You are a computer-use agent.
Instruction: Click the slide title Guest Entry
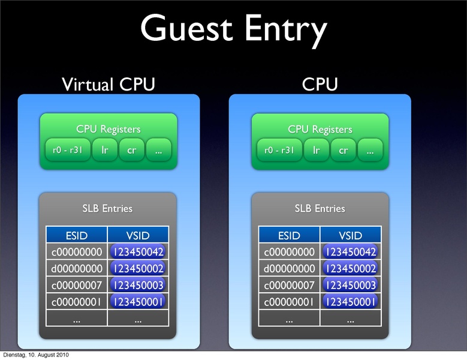(234, 29)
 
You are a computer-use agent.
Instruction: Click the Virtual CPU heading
(109, 85)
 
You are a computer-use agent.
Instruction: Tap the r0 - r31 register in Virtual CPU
(68, 151)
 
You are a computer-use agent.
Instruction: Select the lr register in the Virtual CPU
(104, 151)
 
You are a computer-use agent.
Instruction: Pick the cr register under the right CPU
(343, 151)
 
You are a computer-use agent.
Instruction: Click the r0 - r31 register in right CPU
(279, 151)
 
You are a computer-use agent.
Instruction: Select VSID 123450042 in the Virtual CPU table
(138, 251)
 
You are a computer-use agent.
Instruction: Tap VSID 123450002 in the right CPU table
(350, 268)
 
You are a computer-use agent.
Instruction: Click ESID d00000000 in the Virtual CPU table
(77, 268)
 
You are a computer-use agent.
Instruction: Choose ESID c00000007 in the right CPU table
(289, 285)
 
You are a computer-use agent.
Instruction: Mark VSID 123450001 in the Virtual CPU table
(138, 302)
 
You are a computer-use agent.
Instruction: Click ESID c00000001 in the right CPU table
(289, 302)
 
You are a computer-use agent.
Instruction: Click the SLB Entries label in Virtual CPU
(107, 209)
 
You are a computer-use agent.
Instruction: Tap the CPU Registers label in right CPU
(320, 129)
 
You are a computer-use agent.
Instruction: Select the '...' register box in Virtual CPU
(158, 151)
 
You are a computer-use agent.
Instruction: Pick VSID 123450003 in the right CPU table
(350, 285)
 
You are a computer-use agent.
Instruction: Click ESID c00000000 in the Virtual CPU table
(77, 251)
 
